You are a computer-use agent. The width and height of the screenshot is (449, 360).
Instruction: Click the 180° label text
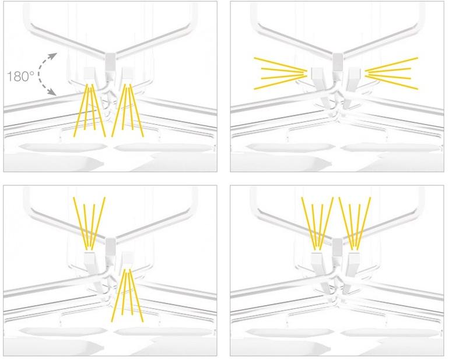click(x=20, y=76)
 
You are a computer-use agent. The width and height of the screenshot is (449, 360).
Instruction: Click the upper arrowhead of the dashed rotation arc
click(x=53, y=56)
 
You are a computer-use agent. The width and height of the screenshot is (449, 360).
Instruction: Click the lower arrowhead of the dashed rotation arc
click(x=52, y=91)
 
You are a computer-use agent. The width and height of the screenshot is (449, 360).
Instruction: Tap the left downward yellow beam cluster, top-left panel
click(x=90, y=111)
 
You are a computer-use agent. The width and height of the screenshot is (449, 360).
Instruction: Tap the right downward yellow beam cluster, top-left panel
click(x=128, y=111)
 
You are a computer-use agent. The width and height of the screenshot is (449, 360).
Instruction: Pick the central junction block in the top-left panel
click(x=111, y=62)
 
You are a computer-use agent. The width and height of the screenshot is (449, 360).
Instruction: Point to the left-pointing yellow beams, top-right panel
click(x=280, y=73)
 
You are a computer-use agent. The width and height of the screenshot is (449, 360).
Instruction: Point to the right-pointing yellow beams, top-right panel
click(x=391, y=73)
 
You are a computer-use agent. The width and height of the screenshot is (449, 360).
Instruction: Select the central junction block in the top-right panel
click(x=338, y=62)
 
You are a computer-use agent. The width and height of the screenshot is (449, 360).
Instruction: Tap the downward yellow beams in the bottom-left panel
click(x=128, y=295)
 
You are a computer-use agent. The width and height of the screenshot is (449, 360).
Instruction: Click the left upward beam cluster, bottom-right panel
click(x=317, y=224)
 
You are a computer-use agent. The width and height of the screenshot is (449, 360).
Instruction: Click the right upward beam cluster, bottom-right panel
click(x=355, y=224)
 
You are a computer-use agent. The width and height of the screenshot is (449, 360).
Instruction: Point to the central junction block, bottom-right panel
click(x=338, y=246)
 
